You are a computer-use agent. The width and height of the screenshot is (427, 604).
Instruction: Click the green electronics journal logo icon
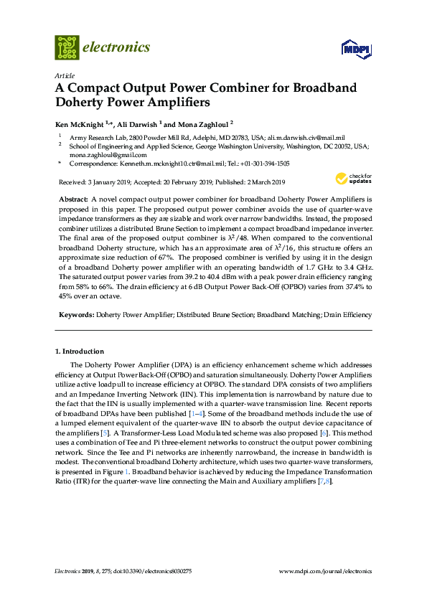[67, 47]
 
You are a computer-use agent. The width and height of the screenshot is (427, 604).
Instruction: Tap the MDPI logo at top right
[357, 49]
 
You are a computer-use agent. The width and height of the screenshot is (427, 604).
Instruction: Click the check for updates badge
[353, 178]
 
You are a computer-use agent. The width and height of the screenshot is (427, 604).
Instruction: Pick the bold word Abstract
[72, 197]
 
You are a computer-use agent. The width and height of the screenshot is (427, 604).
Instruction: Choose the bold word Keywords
[75, 315]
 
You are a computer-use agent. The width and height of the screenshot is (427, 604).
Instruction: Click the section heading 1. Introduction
[80, 351]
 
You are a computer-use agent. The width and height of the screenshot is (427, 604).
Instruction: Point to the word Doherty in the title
[79, 102]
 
